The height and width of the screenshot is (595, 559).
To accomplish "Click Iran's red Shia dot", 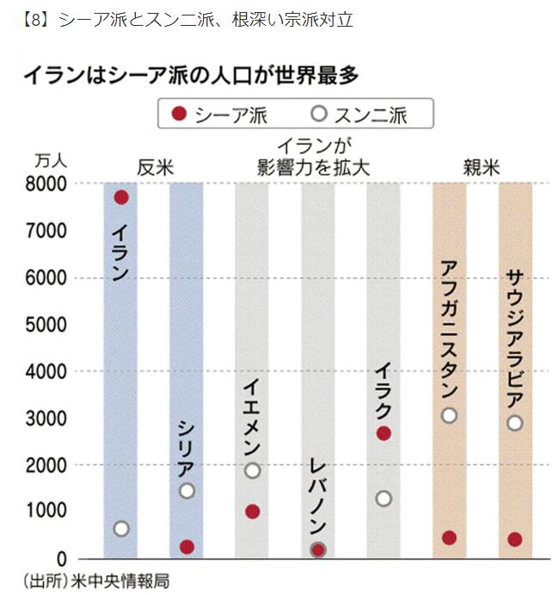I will pos(121,197).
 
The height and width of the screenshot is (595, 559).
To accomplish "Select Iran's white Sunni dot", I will pos(121,528).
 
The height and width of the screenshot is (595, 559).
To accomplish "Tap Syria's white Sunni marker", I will pos(187,491).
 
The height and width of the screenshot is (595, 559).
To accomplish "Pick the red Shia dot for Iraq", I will pos(384,433).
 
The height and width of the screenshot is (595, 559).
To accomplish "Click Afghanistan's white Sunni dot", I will pos(449,415).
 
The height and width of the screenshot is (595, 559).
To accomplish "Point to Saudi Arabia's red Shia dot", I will pos(515,539).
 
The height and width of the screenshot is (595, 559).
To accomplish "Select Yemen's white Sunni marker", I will pos(252,470).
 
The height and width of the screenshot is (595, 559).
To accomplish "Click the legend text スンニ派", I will pos(370,114).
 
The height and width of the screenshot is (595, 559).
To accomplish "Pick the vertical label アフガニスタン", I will pos(449,326).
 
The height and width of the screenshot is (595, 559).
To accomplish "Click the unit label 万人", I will pos(51,161).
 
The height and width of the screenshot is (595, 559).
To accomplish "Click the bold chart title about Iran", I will pos(190,76).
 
